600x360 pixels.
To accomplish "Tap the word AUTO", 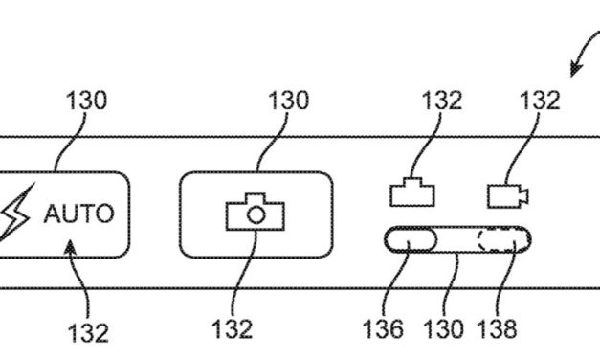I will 78,213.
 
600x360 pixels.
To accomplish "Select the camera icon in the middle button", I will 255,212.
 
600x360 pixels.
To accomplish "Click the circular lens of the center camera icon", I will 255,215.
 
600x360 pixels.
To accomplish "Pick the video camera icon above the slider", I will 508,195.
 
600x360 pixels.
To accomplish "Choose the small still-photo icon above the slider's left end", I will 412,191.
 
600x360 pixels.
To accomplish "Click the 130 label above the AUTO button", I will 86,100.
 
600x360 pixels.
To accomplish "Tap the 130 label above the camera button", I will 287,100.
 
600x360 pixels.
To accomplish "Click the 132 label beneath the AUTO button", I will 88,332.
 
